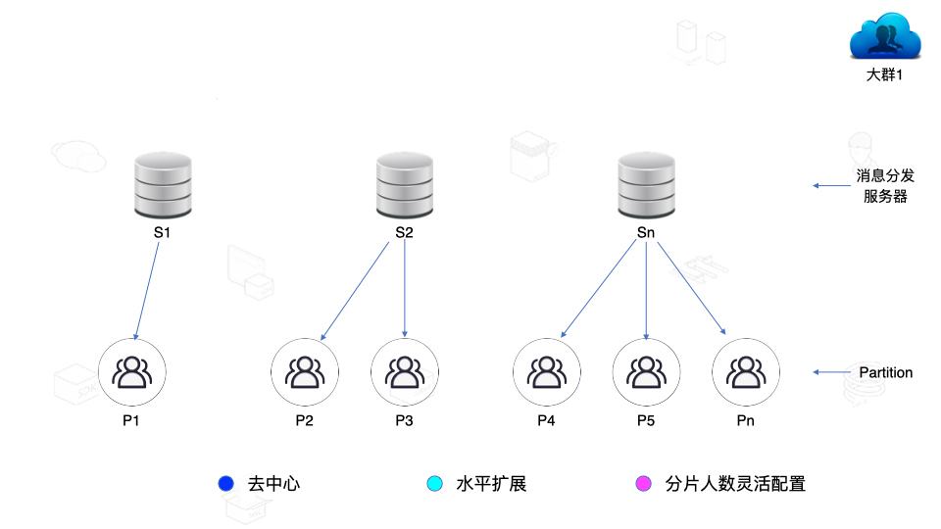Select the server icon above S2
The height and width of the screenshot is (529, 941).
405,186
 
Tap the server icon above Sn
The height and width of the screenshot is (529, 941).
646,186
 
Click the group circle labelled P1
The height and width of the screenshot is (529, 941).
133,372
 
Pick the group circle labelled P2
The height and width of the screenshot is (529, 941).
305,372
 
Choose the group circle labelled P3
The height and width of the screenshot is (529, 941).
405,372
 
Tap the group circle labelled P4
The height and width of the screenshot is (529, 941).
546,372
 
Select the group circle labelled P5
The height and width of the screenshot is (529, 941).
646,372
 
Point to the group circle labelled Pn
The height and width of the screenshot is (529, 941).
746,372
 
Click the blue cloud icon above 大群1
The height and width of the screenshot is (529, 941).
884,39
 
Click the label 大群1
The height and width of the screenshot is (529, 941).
884,75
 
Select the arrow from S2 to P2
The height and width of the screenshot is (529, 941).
355,294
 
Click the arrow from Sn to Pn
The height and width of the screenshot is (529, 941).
691,289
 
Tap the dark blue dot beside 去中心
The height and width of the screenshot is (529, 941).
226,484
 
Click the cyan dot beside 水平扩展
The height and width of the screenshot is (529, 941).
435,484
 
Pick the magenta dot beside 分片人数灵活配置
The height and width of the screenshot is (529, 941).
644,484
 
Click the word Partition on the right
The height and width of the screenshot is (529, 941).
885,372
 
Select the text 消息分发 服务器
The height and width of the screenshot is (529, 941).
885,186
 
